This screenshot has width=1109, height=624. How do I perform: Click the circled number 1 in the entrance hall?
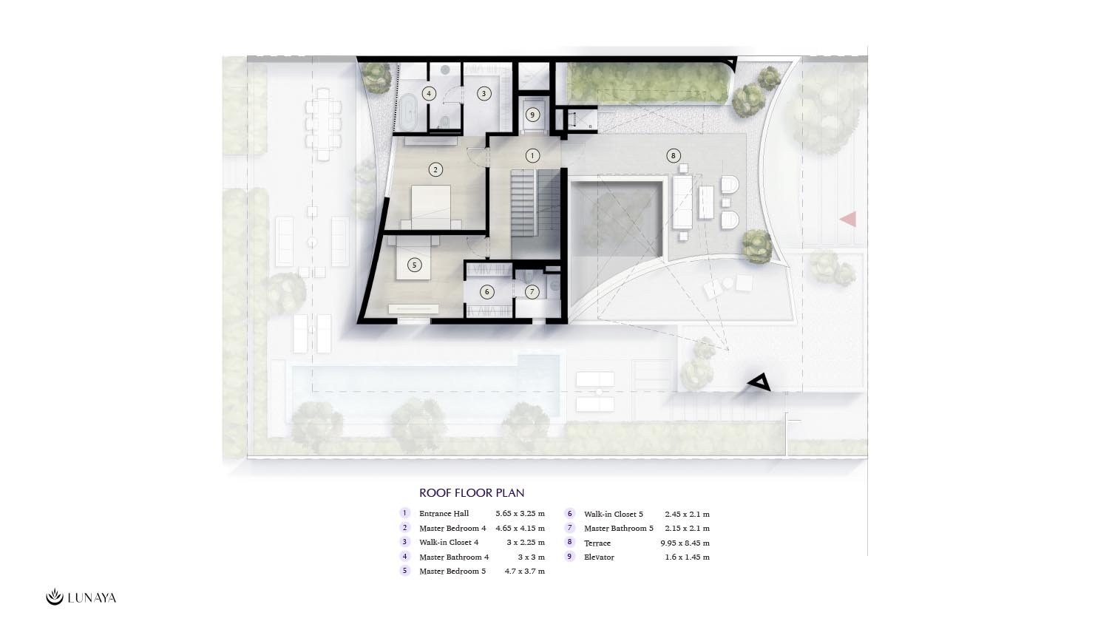point(532,156)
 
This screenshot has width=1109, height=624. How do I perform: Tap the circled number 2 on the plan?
point(435,170)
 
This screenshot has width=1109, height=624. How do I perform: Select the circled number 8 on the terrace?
point(673,156)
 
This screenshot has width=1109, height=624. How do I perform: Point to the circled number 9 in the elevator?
point(532,115)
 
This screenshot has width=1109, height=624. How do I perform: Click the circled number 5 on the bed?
point(414,265)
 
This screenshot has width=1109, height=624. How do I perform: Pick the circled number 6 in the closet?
point(486,292)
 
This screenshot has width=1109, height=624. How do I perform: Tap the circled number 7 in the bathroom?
point(532,292)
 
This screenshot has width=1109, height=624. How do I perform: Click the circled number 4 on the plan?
point(429,93)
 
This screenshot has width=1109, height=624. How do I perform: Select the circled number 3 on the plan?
point(484,93)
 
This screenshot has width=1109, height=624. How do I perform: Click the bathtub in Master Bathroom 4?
point(409,113)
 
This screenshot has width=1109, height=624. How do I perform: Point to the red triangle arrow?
point(848,220)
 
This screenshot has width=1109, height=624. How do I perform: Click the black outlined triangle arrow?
point(759,382)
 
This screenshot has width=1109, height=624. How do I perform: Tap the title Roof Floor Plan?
point(472,492)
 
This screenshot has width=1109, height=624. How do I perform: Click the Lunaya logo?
point(81,597)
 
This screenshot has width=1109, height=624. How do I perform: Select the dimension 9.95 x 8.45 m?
point(685,543)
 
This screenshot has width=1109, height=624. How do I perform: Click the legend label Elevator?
point(599,557)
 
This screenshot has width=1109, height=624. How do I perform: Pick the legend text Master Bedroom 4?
point(452,529)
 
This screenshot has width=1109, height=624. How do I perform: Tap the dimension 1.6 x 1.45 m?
point(687,557)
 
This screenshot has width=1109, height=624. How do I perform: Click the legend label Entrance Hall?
point(444,514)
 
